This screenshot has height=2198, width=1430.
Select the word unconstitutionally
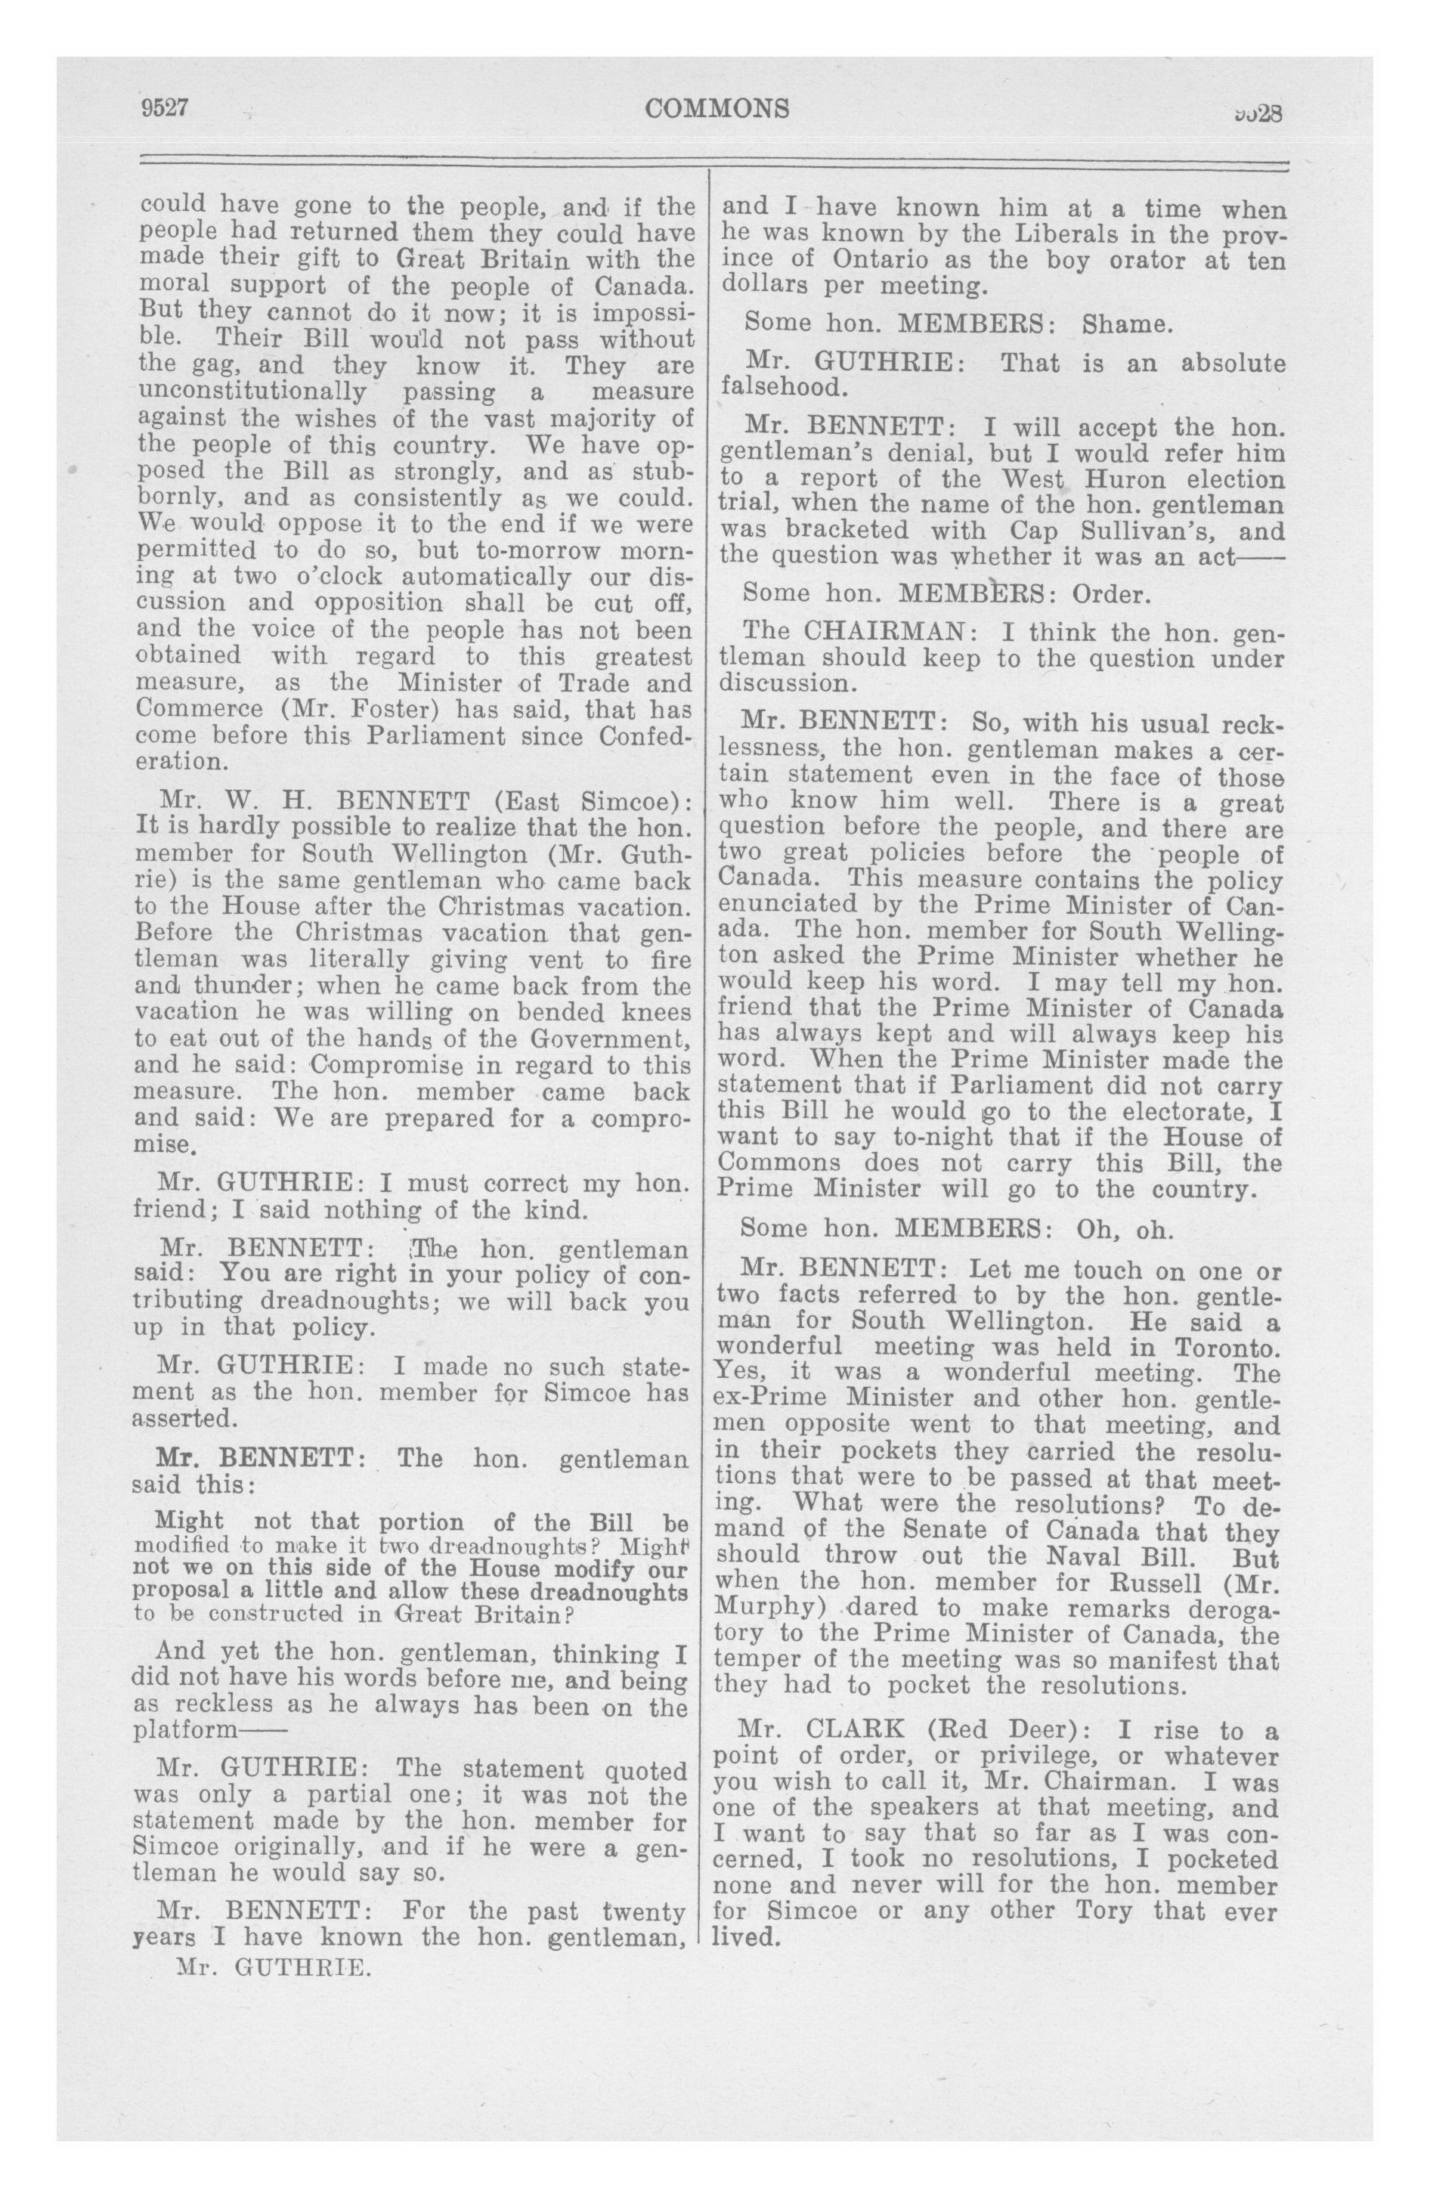point(250,392)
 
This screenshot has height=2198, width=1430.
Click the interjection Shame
point(1127,324)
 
